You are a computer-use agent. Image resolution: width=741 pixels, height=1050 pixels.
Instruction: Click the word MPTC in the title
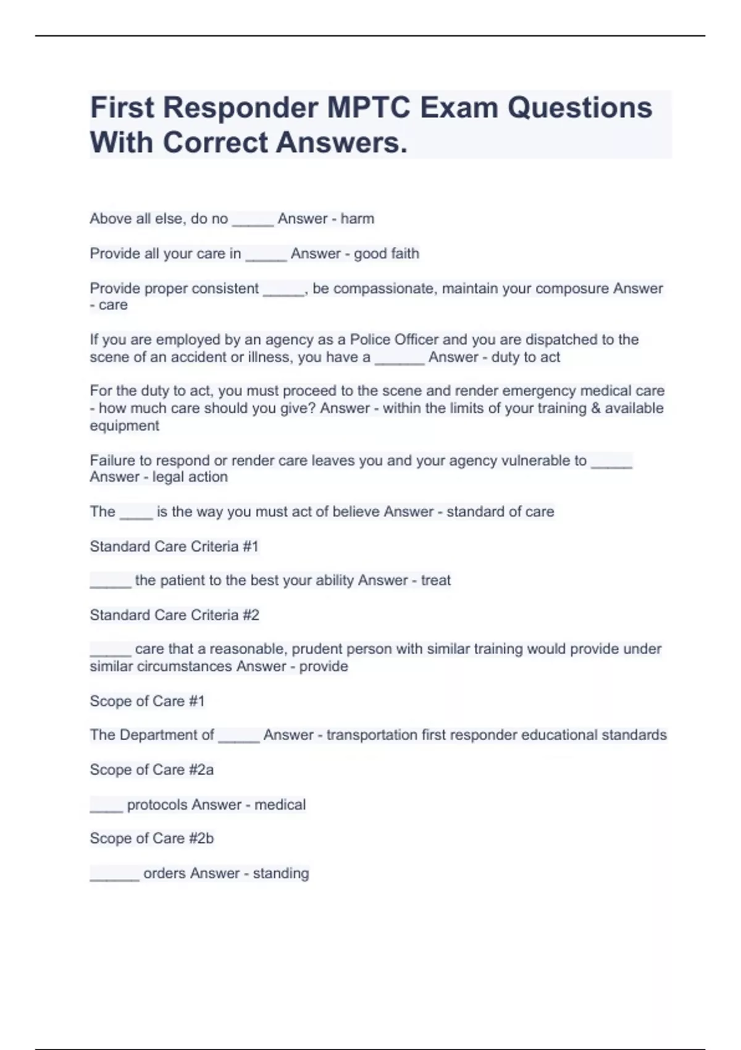click(369, 107)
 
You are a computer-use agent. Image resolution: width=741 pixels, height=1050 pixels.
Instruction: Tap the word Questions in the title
click(580, 107)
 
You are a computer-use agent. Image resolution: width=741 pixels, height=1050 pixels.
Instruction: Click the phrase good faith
click(386, 253)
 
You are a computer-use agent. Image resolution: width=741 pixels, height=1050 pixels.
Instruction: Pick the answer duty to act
click(525, 357)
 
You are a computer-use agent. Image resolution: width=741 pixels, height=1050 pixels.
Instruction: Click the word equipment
click(124, 426)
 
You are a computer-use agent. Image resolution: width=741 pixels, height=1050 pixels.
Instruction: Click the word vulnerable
click(535, 460)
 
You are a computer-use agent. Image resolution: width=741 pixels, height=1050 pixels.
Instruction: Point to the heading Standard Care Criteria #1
click(174, 546)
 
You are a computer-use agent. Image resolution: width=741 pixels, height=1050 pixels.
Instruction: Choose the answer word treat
click(435, 580)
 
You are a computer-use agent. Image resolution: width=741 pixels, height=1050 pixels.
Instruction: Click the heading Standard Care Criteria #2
click(174, 615)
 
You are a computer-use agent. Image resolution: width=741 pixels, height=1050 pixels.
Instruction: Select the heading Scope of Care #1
click(146, 701)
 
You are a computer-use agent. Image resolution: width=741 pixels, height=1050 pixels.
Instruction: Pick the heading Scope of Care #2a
click(151, 770)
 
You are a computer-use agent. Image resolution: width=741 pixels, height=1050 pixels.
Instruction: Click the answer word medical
click(280, 805)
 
